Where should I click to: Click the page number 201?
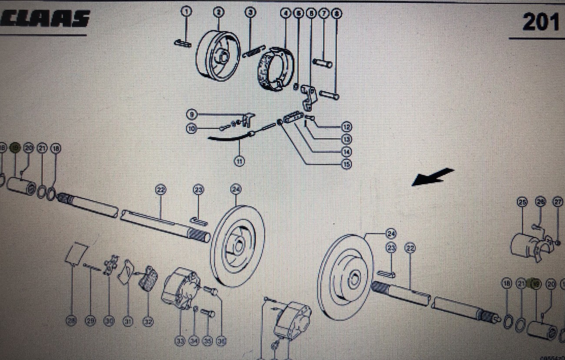point(541,22)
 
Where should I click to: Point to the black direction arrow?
point(432,177)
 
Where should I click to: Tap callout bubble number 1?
point(186,12)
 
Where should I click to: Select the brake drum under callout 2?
point(218,56)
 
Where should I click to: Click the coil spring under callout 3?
point(254,51)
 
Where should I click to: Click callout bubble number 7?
point(323,13)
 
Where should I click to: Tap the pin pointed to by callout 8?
point(329,94)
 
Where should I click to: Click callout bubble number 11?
point(239,161)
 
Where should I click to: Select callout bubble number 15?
point(346,164)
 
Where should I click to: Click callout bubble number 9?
point(191,115)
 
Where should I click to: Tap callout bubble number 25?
point(522,202)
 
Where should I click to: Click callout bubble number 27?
point(558,202)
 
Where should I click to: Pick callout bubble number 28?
point(71,321)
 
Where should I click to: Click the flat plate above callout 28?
point(76,253)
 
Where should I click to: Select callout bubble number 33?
point(180,341)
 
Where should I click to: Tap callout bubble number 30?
point(109,321)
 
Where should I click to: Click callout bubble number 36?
point(222,341)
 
